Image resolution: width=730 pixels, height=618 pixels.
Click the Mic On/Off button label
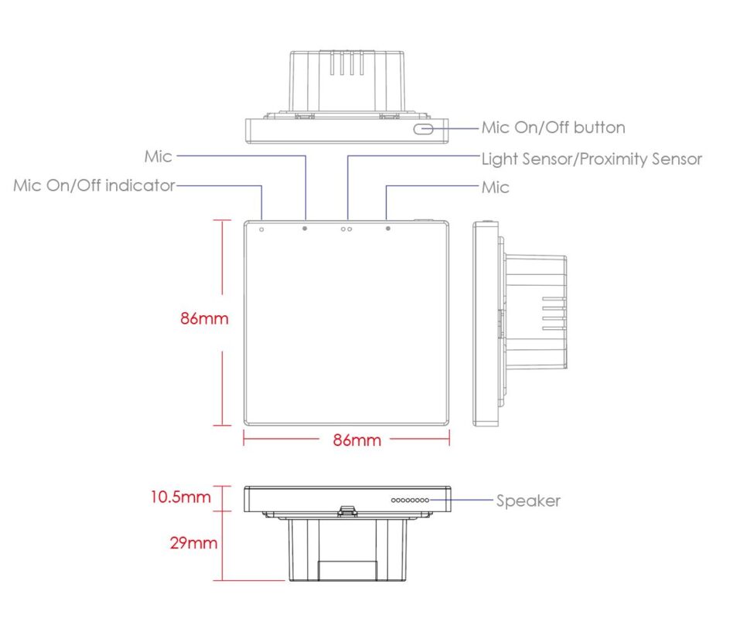click(553, 127)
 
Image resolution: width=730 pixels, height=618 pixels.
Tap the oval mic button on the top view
click(423, 129)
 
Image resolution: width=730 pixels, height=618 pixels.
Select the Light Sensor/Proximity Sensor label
click(592, 159)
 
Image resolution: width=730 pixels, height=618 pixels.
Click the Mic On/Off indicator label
click(94, 185)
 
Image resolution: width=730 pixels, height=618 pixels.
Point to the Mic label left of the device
click(159, 156)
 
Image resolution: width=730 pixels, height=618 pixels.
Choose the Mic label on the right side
click(496, 188)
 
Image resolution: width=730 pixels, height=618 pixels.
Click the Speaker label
click(528, 501)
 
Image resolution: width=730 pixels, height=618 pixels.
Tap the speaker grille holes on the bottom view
click(410, 501)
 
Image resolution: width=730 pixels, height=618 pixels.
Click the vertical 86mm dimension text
click(204, 318)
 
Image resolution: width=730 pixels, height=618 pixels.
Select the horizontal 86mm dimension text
click(357, 440)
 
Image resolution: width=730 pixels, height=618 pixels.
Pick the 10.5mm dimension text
click(180, 497)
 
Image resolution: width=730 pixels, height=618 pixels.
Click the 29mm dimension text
click(193, 542)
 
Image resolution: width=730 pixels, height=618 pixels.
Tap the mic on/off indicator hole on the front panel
click(261, 229)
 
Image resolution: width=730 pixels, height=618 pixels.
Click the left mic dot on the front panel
click(305, 229)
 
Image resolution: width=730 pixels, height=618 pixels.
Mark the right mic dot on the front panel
click(388, 229)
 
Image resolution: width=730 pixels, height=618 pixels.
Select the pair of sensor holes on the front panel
click(346, 229)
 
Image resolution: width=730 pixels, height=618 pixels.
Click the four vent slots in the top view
click(347, 63)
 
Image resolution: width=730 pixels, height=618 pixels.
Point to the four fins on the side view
click(554, 314)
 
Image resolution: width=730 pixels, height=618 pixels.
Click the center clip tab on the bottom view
click(347, 511)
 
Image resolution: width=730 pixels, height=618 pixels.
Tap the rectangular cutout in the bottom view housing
click(347, 571)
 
